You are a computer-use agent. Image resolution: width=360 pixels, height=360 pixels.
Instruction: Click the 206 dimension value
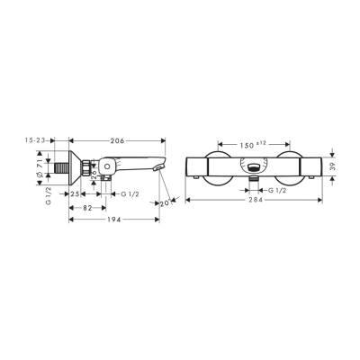(117, 140)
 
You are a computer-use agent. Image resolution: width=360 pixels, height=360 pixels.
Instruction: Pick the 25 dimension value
(77, 193)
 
